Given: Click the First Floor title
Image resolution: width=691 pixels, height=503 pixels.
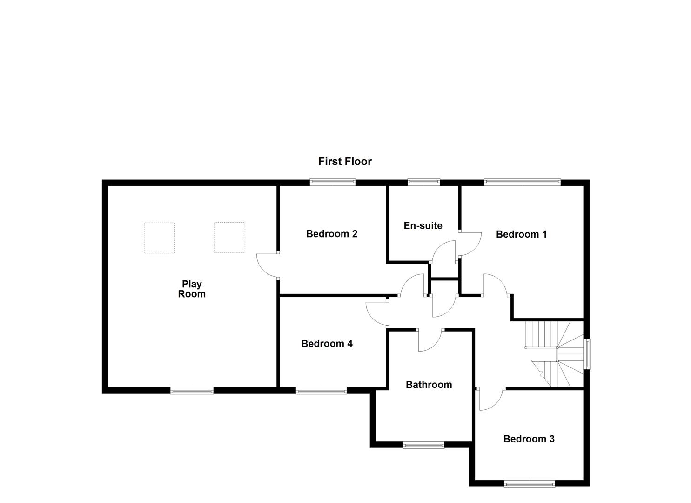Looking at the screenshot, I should [x=345, y=162].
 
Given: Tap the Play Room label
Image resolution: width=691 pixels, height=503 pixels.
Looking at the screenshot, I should [x=192, y=289].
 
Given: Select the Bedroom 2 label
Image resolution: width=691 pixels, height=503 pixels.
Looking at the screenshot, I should [x=331, y=234].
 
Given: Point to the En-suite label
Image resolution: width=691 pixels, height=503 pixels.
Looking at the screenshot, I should [x=423, y=226].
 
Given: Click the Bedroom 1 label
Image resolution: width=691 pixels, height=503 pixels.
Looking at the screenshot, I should [x=521, y=234].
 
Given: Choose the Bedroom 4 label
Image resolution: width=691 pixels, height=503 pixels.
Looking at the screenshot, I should [x=327, y=344].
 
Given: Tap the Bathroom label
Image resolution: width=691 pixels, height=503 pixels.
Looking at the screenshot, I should [x=429, y=385].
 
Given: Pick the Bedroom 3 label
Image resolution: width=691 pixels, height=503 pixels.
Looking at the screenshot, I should [x=529, y=439].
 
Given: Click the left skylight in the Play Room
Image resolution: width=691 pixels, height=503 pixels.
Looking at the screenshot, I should [x=159, y=238].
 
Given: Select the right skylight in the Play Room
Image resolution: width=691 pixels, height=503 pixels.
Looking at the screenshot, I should [x=229, y=238].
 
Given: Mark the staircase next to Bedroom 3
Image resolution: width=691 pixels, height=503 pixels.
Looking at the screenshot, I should [x=555, y=354].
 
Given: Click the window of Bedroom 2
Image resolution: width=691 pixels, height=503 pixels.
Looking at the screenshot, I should [x=333, y=183].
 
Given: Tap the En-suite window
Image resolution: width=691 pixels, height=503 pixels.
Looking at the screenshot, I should [x=423, y=183].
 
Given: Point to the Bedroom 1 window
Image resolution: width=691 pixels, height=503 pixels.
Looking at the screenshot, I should [x=522, y=183].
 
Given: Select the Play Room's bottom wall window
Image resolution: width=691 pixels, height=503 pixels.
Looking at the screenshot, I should [x=192, y=391].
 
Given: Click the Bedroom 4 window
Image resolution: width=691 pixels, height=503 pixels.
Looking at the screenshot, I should [x=321, y=391].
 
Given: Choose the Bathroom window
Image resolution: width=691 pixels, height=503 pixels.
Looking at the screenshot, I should [x=423, y=445].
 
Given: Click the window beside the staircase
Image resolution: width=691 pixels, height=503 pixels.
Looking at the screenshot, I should [x=587, y=354].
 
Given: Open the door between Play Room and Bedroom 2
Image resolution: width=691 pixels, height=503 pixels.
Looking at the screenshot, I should [x=267, y=265].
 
